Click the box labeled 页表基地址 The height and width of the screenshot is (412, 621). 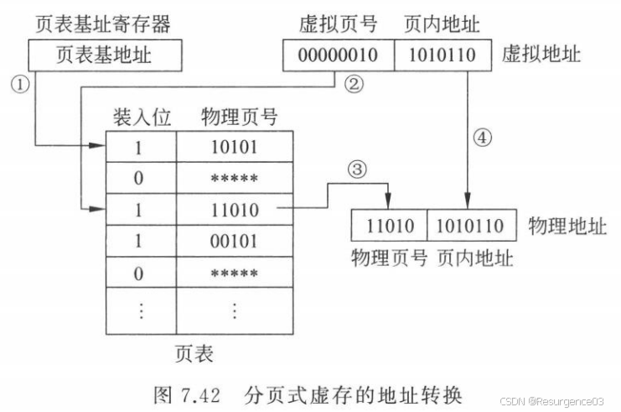point(103,55)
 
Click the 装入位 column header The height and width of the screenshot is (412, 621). point(141,117)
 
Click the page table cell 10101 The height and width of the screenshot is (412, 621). point(234,147)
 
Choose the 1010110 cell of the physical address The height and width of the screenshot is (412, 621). point(467,226)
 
